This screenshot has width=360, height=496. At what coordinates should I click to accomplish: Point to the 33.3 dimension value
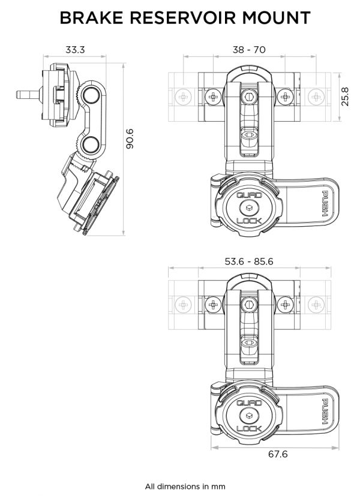(74, 51)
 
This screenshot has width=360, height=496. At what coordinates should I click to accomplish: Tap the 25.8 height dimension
(345, 96)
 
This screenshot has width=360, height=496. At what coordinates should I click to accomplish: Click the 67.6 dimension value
(277, 454)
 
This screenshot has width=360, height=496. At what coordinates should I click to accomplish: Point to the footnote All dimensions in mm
(185, 486)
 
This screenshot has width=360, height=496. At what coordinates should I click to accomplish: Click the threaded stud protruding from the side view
(25, 94)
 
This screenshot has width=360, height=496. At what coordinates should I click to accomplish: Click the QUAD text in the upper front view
(248, 196)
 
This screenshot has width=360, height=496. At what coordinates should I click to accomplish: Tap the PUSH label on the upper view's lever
(324, 204)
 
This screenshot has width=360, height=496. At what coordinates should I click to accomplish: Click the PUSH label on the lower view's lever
(324, 411)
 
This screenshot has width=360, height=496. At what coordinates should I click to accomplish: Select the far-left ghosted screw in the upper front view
(182, 96)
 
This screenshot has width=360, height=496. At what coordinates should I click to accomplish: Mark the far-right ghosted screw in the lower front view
(314, 305)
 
